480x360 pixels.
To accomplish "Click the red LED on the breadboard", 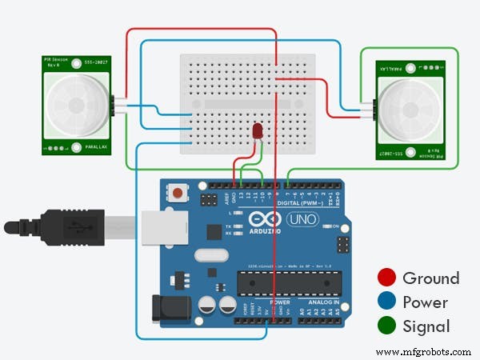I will tap(258, 130).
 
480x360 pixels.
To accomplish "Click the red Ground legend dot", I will tap(387, 278).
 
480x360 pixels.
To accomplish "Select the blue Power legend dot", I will tap(387, 302).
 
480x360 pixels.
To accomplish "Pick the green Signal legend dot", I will tap(387, 326).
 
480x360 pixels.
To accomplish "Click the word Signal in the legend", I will tap(426, 326).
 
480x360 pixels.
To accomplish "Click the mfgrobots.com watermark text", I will tap(422, 351).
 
